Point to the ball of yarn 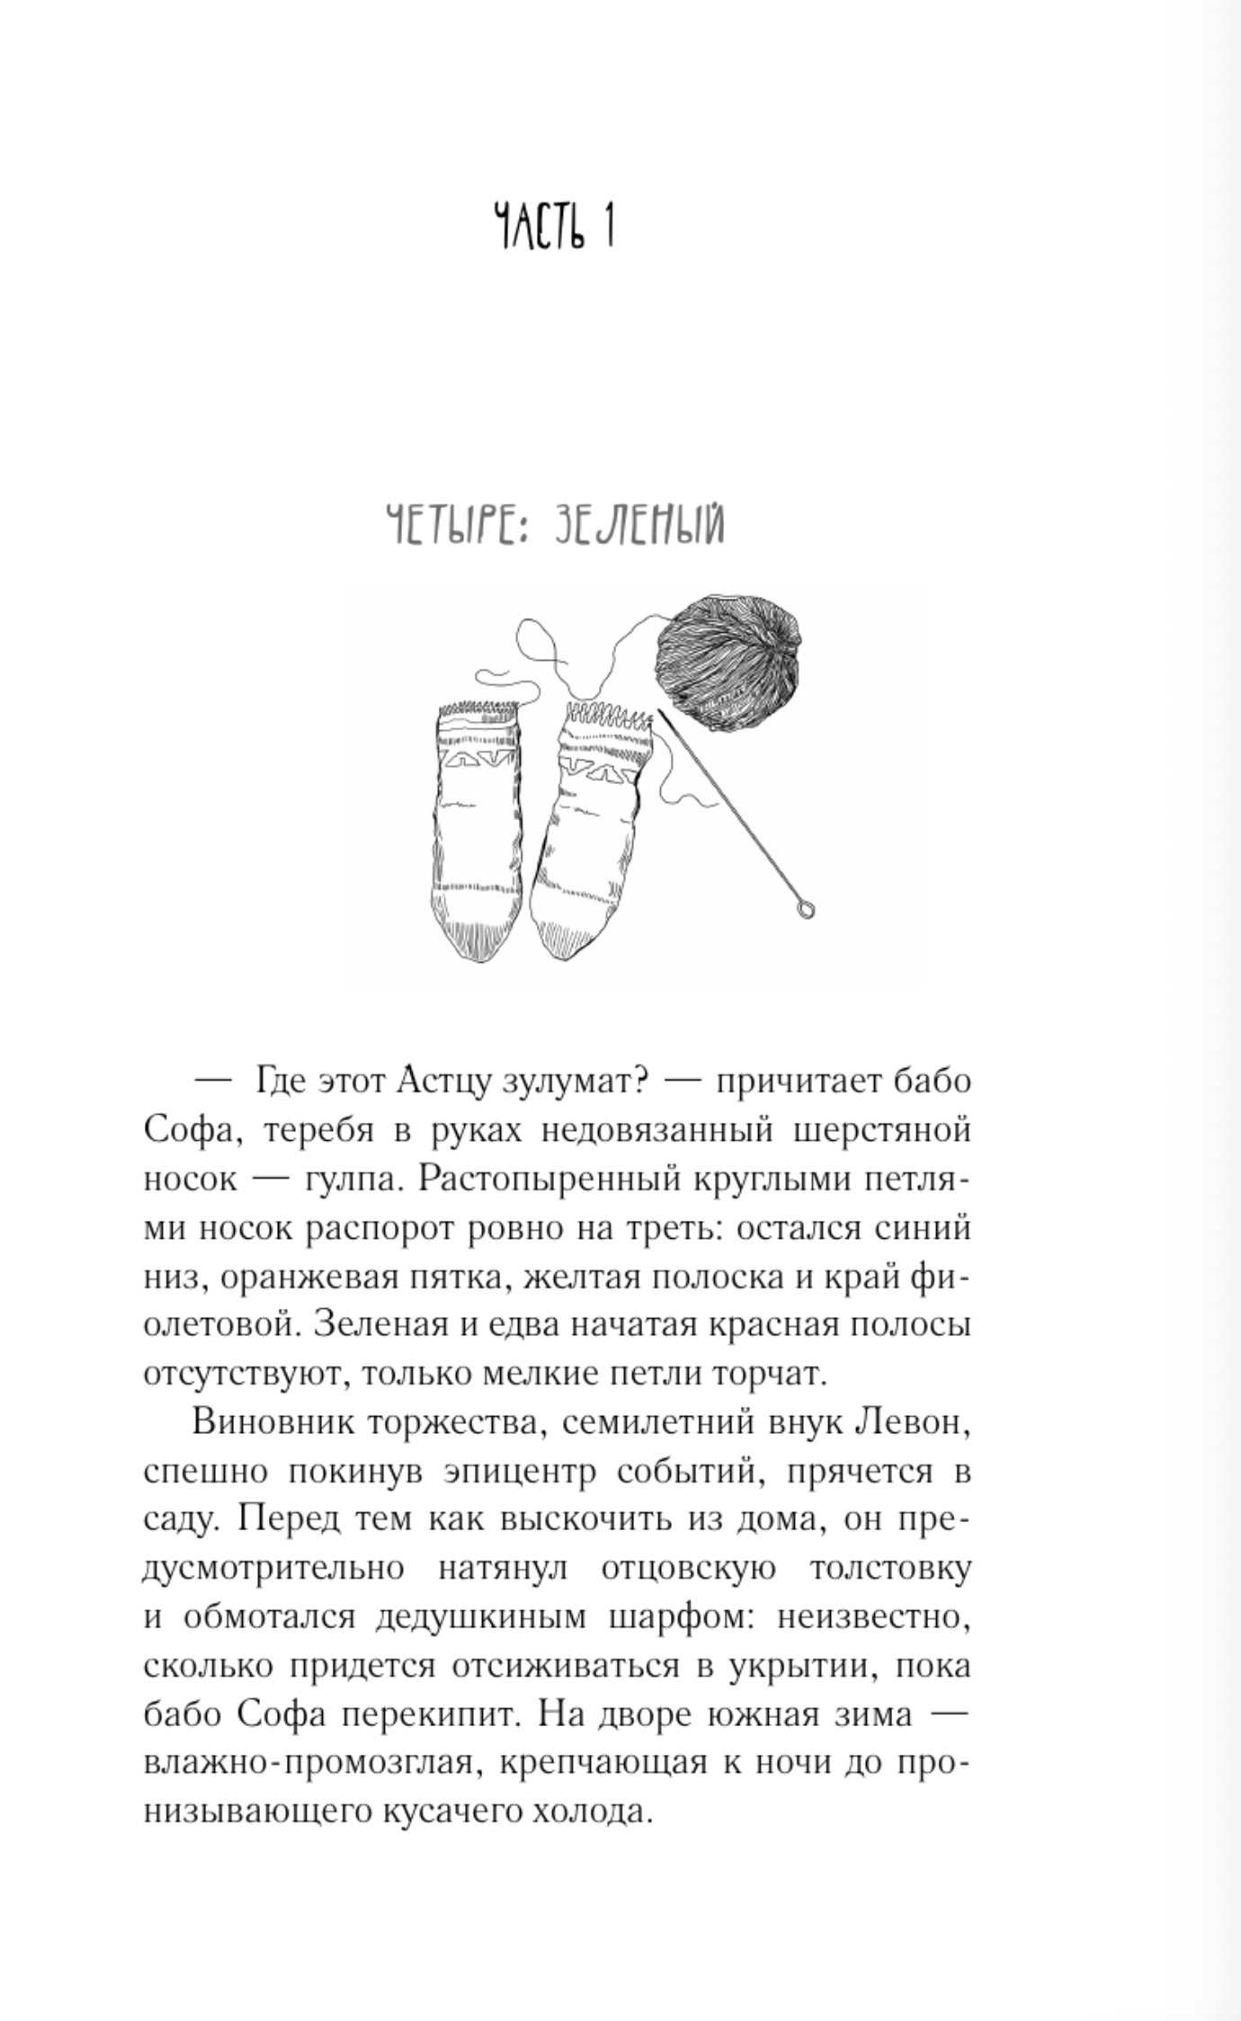[727, 664]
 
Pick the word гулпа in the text [350, 1180]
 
